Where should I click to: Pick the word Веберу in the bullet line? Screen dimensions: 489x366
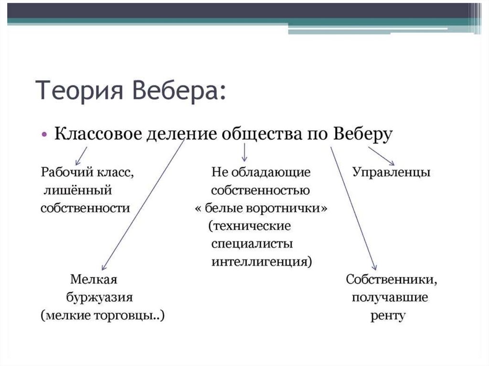[363, 134]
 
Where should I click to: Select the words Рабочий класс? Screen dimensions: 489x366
[87, 172]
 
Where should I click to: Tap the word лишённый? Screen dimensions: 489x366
[77, 190]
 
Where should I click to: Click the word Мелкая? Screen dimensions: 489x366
[94, 279]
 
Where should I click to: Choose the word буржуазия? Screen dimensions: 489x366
[99, 297]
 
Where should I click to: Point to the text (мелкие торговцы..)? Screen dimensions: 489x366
[103, 315]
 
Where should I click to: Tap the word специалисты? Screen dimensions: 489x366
[252, 244]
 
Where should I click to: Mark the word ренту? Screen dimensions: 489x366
[388, 315]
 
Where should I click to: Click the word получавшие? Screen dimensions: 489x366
[390, 297]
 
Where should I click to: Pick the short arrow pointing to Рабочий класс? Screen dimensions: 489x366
[81, 155]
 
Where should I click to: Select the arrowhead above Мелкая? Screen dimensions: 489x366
[105, 268]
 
